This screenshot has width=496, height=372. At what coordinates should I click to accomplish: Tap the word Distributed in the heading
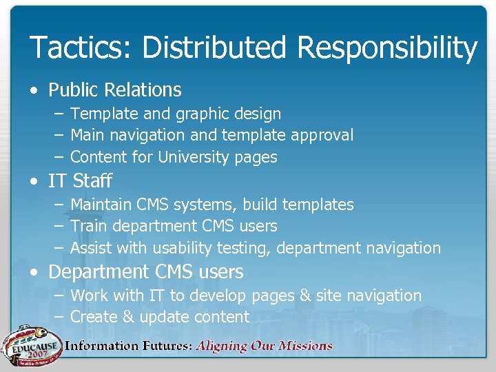(x=216, y=48)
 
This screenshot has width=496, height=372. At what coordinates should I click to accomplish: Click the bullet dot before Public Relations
(x=34, y=90)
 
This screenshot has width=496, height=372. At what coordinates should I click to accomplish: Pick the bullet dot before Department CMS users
(x=34, y=273)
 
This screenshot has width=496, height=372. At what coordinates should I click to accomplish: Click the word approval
(x=323, y=136)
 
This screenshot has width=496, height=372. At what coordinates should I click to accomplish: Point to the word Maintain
(x=101, y=205)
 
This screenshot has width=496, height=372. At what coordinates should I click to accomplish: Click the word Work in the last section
(x=88, y=296)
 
